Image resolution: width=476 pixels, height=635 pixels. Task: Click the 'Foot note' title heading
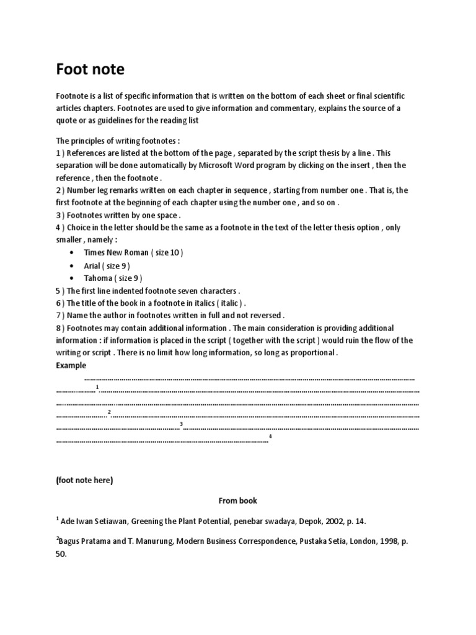[90, 69]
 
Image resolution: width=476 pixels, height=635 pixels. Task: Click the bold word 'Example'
[71, 366]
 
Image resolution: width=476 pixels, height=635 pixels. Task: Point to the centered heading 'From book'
[237, 500]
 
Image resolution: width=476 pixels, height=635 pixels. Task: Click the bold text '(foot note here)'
[85, 480]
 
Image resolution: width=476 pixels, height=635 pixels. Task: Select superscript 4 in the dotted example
[271, 437]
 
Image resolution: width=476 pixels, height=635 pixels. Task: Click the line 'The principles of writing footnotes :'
[118, 140]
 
